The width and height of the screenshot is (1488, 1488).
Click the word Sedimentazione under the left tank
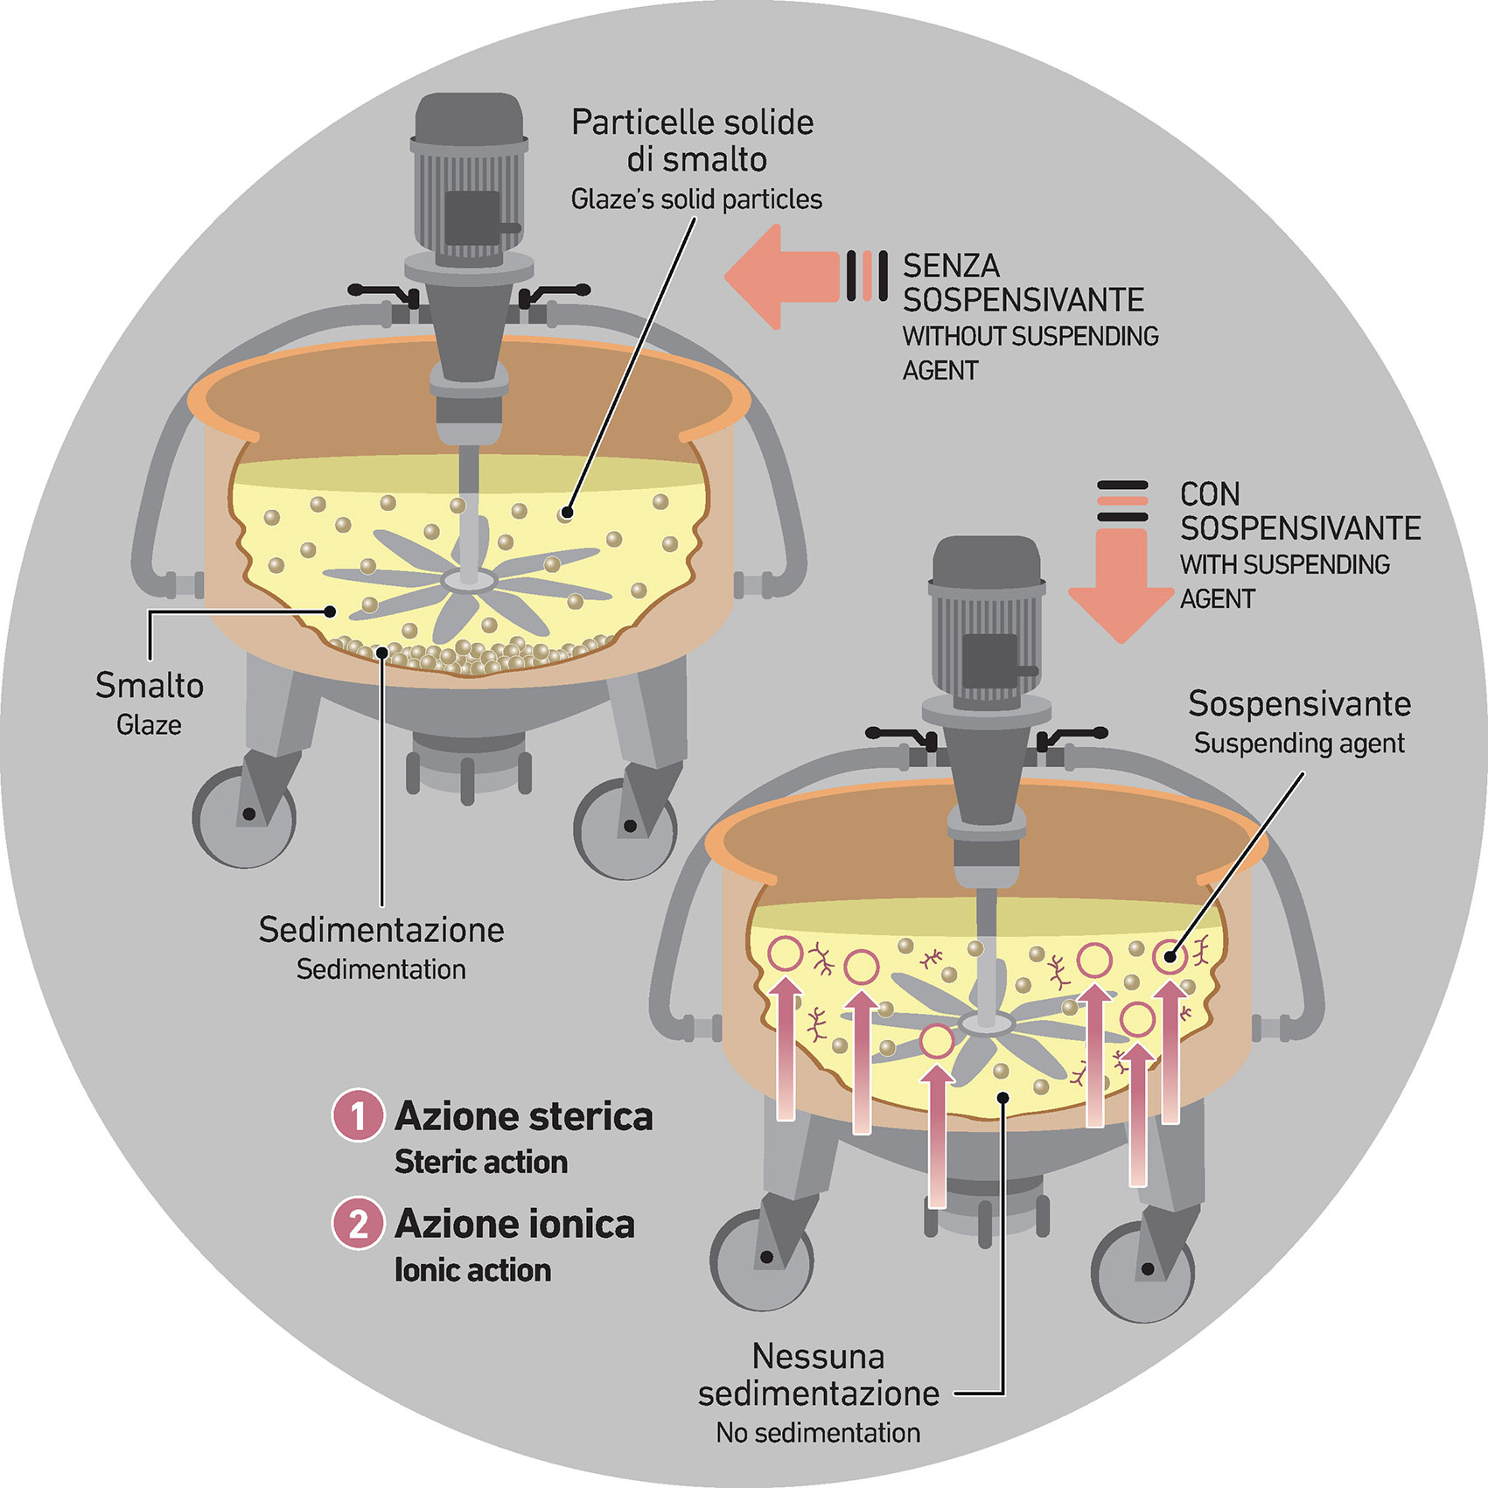pyautogui.click(x=381, y=929)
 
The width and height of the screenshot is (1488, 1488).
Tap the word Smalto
pyautogui.click(x=150, y=686)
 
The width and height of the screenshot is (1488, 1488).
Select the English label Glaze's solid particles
pyautogui.click(x=696, y=200)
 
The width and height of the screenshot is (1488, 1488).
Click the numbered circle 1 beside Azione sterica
pyautogui.click(x=358, y=1115)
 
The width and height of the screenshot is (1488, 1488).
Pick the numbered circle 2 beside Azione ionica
pyautogui.click(x=358, y=1224)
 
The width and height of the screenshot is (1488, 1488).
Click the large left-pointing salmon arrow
pyautogui.click(x=779, y=277)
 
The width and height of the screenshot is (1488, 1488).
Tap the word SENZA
pyautogui.click(x=951, y=266)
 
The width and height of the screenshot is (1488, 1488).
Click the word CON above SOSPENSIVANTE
pyautogui.click(x=1210, y=494)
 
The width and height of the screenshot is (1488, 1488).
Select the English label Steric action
pyautogui.click(x=481, y=1163)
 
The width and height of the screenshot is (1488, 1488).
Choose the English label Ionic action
pyautogui.click(x=472, y=1270)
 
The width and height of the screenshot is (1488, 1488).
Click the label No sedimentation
pyautogui.click(x=818, y=1433)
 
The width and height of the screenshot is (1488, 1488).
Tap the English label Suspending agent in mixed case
pyautogui.click(x=1299, y=744)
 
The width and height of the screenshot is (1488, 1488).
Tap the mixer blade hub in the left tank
pyautogui.click(x=470, y=578)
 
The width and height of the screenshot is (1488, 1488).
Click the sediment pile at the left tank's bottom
pyautogui.click(x=464, y=654)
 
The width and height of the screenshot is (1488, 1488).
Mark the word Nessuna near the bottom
pyautogui.click(x=818, y=1357)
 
